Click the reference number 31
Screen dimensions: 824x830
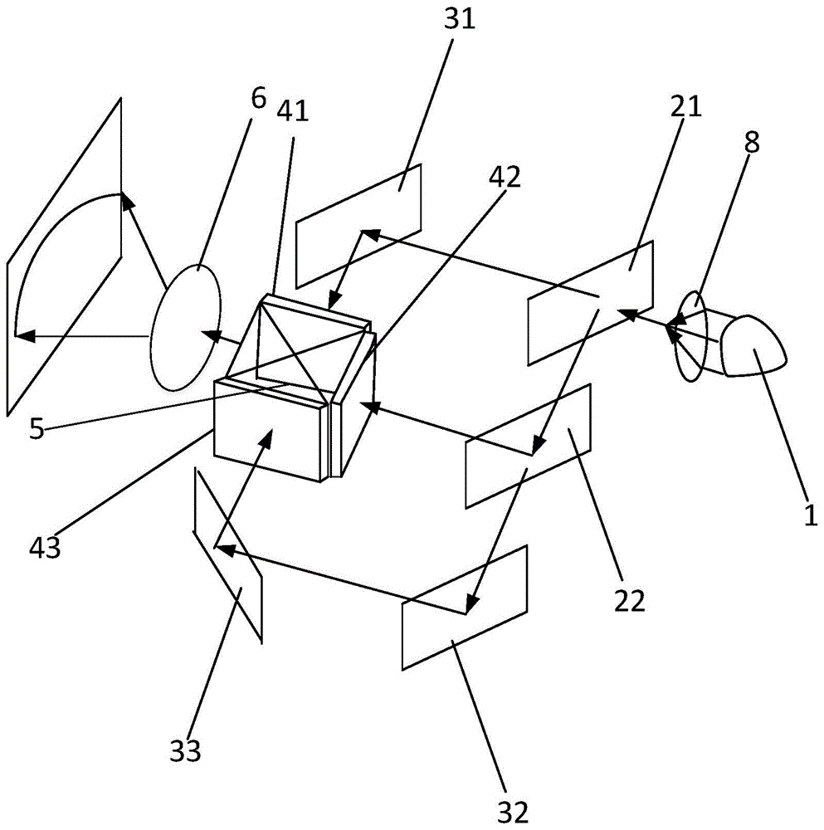(x=460, y=20)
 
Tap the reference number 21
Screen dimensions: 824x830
(x=686, y=106)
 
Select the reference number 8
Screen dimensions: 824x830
(x=752, y=142)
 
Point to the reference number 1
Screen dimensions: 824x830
(x=811, y=514)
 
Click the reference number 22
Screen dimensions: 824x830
(x=630, y=600)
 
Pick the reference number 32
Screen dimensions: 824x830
(x=513, y=810)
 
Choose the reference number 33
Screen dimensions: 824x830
(x=185, y=750)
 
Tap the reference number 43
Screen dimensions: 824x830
(x=45, y=546)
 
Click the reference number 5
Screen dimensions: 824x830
(x=37, y=427)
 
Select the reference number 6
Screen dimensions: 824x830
(x=258, y=97)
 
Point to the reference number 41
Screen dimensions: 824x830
(x=293, y=111)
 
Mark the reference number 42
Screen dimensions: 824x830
(x=505, y=177)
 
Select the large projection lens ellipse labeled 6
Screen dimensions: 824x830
(x=185, y=327)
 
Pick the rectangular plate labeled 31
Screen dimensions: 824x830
(x=358, y=226)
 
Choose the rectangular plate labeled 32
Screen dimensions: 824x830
(x=465, y=608)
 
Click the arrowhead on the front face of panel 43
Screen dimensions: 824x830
(x=266, y=437)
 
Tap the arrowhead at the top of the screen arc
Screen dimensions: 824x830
(x=126, y=200)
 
